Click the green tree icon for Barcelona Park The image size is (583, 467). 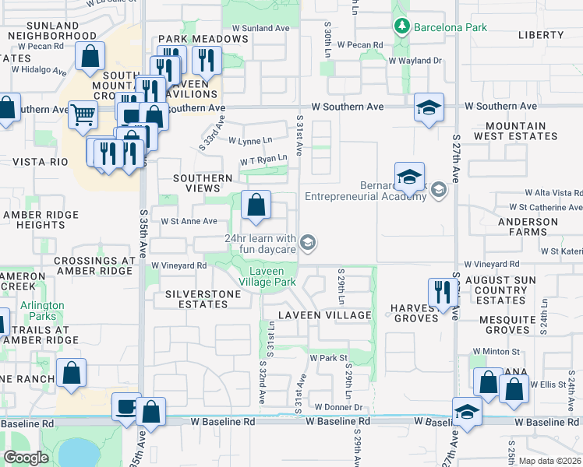click(402, 27)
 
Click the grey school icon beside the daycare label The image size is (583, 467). click(309, 244)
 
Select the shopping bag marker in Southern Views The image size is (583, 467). click(256, 206)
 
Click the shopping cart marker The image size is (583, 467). click(82, 114)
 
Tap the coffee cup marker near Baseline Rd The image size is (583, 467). click(125, 407)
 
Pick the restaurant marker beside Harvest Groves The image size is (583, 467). click(442, 293)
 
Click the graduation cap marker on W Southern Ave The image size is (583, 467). click(429, 107)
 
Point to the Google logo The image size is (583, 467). click(26, 458)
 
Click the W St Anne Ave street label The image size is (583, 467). click(189, 221)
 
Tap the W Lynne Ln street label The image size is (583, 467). click(250, 141)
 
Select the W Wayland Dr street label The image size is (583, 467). click(415, 60)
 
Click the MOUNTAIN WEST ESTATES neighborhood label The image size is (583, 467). click(521, 131)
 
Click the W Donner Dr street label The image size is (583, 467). click(339, 407)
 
